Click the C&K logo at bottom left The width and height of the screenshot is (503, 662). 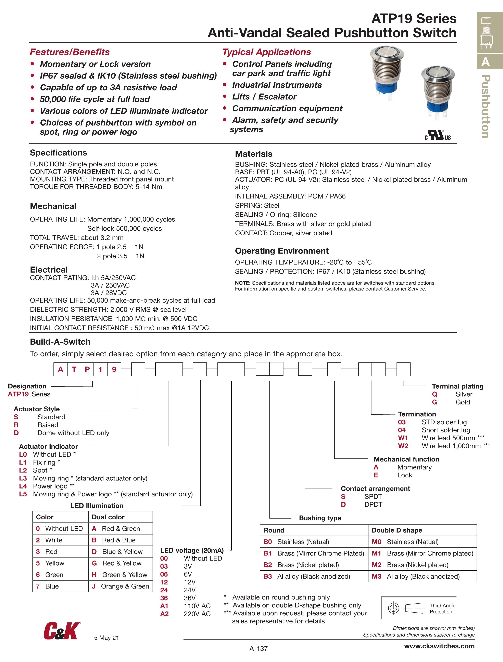point(62,631)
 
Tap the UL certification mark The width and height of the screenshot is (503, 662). point(437,135)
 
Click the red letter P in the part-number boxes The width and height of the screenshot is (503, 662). point(87,369)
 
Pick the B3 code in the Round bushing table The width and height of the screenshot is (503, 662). point(267,576)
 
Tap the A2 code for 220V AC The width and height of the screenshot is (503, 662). point(164,614)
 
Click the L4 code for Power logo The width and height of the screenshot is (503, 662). point(23,486)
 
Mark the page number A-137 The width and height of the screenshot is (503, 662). point(258,649)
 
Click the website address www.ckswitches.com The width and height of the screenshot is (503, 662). point(439,646)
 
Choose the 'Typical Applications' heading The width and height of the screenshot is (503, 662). point(266,52)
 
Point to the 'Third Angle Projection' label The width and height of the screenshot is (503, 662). point(442,608)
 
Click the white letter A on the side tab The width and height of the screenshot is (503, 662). point(485,62)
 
